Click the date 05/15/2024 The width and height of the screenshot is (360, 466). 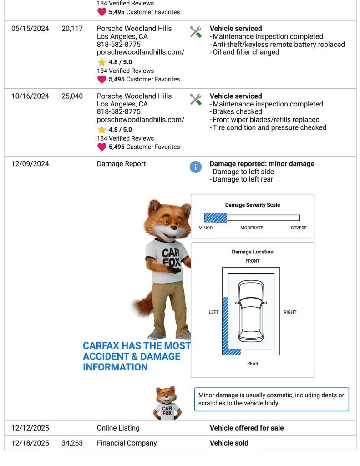click(x=30, y=29)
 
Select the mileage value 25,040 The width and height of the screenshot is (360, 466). click(x=72, y=96)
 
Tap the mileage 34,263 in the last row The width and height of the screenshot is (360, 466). click(x=72, y=443)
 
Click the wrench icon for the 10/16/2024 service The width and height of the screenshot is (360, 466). click(x=196, y=99)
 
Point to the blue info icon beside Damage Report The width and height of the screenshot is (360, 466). click(x=195, y=167)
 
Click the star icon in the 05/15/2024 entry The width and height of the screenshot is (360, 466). click(x=101, y=62)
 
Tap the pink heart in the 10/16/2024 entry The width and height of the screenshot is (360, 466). click(x=101, y=147)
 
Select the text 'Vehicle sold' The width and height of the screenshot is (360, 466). click(x=229, y=443)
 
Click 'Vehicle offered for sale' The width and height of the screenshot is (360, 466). click(x=246, y=428)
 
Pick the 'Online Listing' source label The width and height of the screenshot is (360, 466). click(x=118, y=428)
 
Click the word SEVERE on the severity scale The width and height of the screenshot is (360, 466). click(x=299, y=228)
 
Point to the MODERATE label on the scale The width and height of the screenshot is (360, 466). click(x=252, y=228)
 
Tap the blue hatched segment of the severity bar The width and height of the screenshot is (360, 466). click(x=215, y=218)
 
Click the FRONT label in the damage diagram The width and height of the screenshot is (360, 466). click(x=252, y=261)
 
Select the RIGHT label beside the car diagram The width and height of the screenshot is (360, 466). click(x=290, y=312)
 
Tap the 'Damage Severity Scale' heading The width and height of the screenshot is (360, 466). click(x=253, y=205)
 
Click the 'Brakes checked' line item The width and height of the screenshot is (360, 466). click(x=237, y=111)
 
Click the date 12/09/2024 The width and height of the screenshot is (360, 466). click(x=30, y=164)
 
